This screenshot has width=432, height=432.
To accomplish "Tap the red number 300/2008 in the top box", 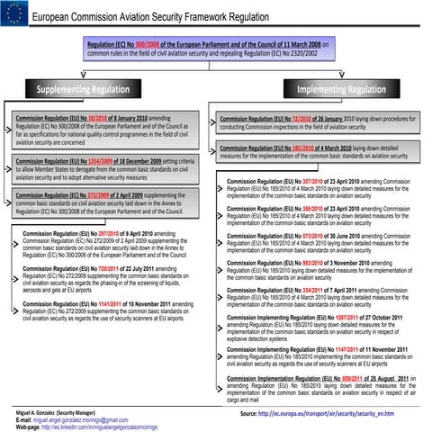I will (150, 42).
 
